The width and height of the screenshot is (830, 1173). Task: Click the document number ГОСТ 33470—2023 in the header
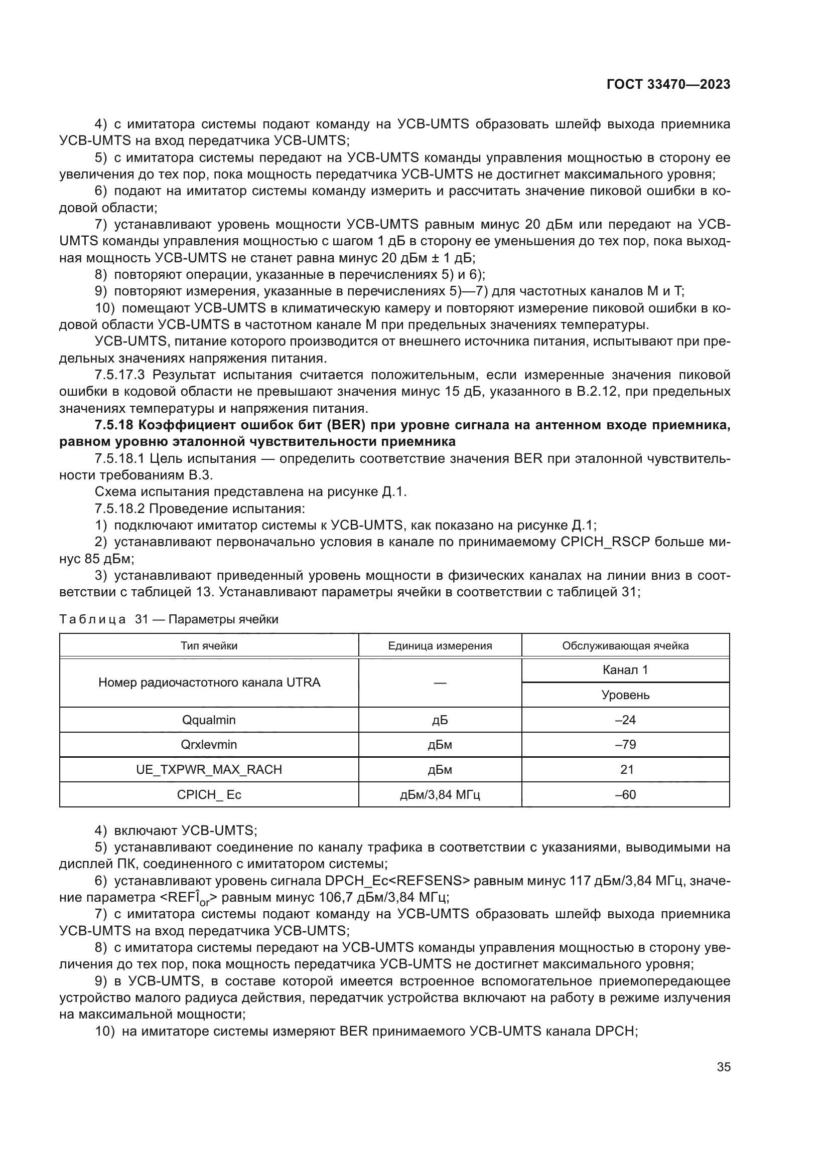click(x=668, y=84)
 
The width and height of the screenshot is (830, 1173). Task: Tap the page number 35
click(x=723, y=1066)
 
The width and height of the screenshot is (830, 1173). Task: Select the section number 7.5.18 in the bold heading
click(x=113, y=425)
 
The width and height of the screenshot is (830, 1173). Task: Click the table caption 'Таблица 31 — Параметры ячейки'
click(x=169, y=619)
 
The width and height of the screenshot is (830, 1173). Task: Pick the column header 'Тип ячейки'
click(x=209, y=645)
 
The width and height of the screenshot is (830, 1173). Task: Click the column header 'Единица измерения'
click(x=440, y=645)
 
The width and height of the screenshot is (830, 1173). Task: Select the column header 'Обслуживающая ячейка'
click(x=625, y=645)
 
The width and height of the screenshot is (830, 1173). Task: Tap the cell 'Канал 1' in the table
click(x=625, y=670)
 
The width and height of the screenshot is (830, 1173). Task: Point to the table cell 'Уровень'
click(x=625, y=695)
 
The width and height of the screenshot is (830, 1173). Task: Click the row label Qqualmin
click(x=209, y=720)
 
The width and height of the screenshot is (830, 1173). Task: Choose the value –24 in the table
click(x=625, y=720)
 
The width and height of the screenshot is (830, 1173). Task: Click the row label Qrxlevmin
click(x=209, y=744)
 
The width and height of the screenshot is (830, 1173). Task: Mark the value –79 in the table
click(x=625, y=744)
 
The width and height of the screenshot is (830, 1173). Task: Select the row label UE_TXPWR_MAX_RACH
click(x=209, y=769)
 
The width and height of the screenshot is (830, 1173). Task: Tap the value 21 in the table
click(x=626, y=769)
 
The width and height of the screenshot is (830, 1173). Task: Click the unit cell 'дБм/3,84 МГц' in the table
click(x=440, y=794)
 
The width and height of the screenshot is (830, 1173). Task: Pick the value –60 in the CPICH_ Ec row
click(x=625, y=794)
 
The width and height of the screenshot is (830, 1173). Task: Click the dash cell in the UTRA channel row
click(x=440, y=683)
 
